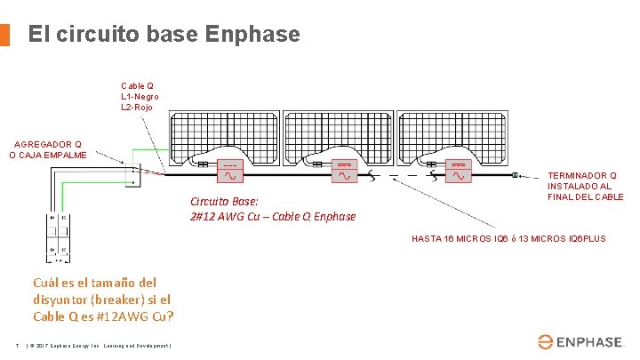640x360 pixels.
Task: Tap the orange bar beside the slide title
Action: [x=4, y=35]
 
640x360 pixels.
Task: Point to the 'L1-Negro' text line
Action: [x=140, y=96]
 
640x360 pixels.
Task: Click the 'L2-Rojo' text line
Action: [x=137, y=107]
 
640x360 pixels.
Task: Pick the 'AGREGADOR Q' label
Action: [x=46, y=143]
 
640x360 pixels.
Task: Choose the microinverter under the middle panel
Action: [x=344, y=172]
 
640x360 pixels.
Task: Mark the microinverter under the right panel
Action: [x=458, y=172]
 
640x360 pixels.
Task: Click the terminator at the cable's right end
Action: [x=516, y=176]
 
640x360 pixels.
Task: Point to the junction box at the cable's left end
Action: [x=132, y=172]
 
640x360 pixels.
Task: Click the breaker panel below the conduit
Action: [x=60, y=236]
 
